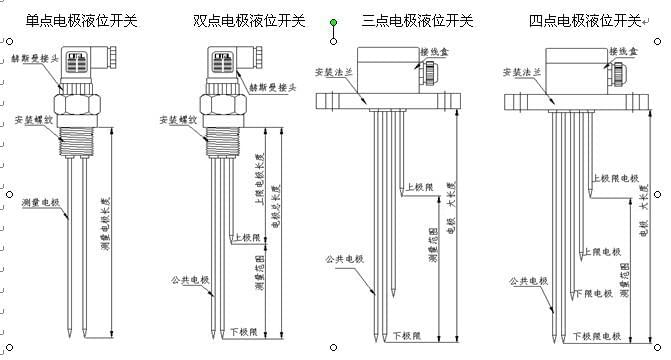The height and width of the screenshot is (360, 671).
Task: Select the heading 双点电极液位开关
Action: point(248,19)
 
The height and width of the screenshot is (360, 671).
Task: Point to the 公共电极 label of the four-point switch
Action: point(530,281)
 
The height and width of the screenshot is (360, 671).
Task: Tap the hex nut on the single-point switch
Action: point(78,104)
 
